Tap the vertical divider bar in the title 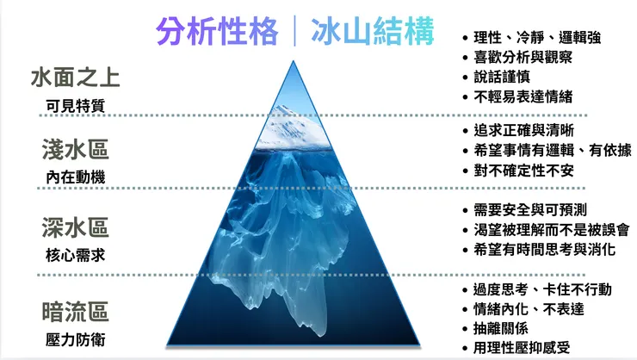(296, 32)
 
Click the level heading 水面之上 (75, 78)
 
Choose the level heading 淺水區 (75, 149)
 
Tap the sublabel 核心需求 (75, 255)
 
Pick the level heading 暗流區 (75, 308)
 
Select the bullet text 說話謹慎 (501, 77)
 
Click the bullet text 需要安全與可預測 (529, 209)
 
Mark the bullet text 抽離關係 (501, 328)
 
